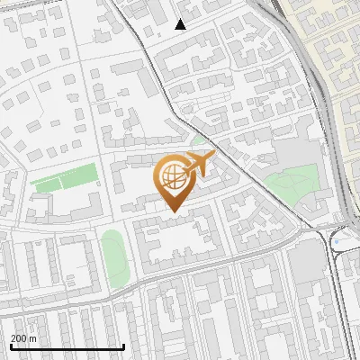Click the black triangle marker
tap(181, 24)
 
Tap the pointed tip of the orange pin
tap(173, 211)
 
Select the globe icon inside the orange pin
tap(173, 177)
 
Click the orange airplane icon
tap(199, 164)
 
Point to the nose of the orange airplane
tap(213, 157)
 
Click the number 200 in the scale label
tap(19, 338)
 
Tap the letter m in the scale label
tap(34, 338)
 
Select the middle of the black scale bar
tap(67, 346)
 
